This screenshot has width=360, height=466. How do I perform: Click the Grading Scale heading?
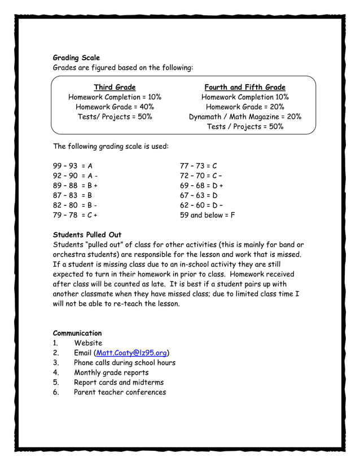76,58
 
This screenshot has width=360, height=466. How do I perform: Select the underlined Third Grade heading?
115,87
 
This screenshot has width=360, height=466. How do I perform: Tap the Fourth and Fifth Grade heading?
245,87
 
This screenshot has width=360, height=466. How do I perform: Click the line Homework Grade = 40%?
115,107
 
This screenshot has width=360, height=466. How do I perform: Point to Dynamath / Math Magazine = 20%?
245,117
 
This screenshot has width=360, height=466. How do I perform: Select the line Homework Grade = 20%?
245,107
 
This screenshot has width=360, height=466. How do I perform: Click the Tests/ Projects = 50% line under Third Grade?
115,117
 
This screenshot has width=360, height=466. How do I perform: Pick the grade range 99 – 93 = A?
73,166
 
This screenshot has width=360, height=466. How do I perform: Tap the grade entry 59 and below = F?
207,215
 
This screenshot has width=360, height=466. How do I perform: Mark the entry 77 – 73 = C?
198,166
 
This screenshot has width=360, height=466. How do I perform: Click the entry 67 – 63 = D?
199,195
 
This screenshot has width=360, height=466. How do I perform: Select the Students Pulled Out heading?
87,235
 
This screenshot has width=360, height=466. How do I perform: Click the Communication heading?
77,333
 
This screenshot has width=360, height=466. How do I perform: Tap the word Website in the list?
88,343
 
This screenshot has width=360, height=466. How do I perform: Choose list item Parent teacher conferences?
120,392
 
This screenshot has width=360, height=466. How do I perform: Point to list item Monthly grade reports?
111,372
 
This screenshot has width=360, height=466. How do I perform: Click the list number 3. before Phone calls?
56,363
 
